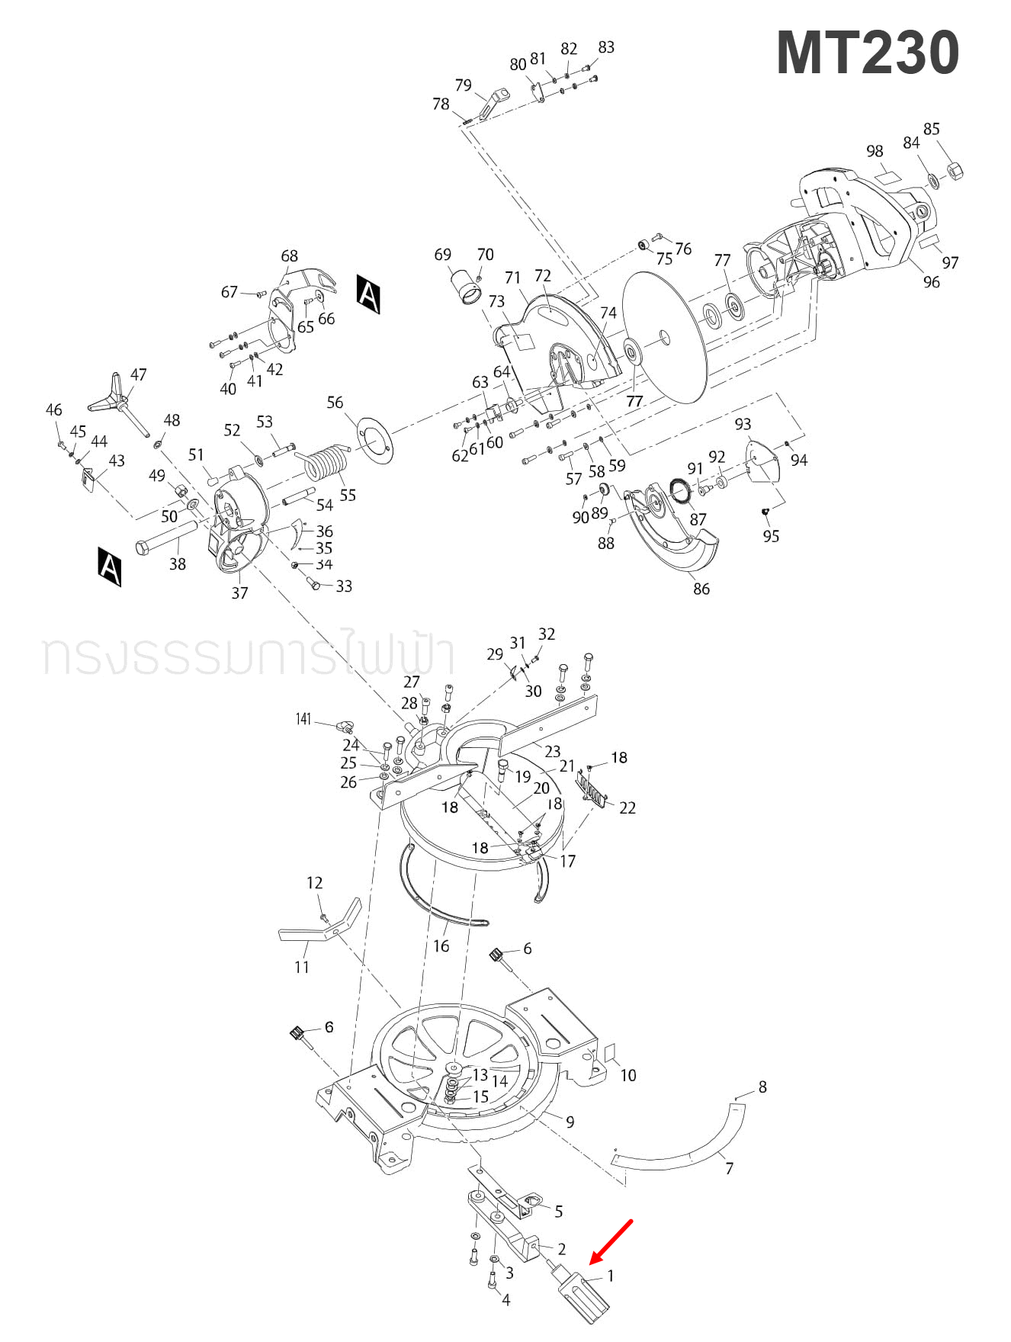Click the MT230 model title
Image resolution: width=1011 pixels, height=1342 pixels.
[x=867, y=53]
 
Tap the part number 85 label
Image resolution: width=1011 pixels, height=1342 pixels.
[x=931, y=129]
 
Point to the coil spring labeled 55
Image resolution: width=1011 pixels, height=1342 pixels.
[x=325, y=461]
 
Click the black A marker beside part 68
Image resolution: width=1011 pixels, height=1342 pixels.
[x=368, y=294]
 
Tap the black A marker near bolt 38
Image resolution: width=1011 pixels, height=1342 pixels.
[x=110, y=566]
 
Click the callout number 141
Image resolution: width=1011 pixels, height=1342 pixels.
[x=303, y=719]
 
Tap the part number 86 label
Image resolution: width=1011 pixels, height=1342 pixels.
[x=701, y=589]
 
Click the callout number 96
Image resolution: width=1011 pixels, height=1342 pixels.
[x=931, y=282]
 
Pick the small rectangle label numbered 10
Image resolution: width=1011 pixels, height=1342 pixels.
[x=611, y=1052]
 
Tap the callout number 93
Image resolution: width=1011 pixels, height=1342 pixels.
[x=743, y=424]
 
